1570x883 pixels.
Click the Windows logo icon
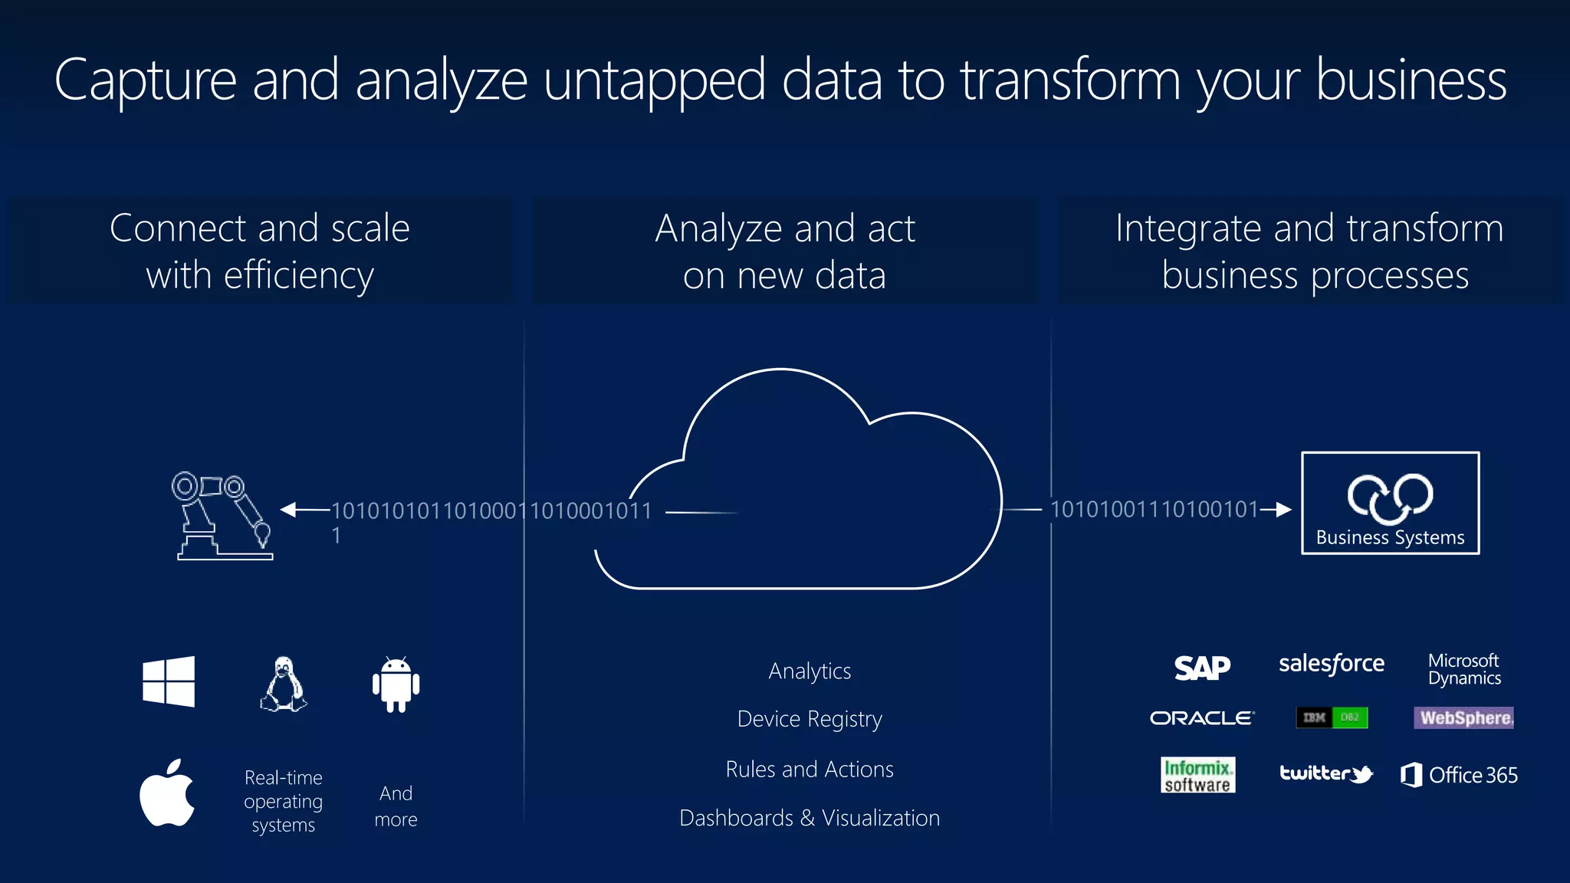pyautogui.click(x=169, y=681)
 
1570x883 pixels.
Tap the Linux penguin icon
pyautogui.click(x=284, y=684)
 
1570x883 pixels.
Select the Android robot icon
pyautogui.click(x=396, y=684)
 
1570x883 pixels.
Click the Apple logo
pyautogui.click(x=167, y=793)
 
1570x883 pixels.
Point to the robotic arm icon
pyautogui.click(x=222, y=515)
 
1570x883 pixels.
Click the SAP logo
pyautogui.click(x=1202, y=668)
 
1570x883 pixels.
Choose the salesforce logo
pyautogui.click(x=1331, y=664)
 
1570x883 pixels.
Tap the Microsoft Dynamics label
pyautogui.click(x=1464, y=669)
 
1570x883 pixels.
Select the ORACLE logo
pyautogui.click(x=1201, y=718)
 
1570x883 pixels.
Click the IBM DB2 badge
pyautogui.click(x=1332, y=717)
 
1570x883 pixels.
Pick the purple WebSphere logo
pyautogui.click(x=1463, y=717)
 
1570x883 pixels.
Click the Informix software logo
pyautogui.click(x=1197, y=775)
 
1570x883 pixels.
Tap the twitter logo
pyautogui.click(x=1326, y=774)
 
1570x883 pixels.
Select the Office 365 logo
pyautogui.click(x=1459, y=775)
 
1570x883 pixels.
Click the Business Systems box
pyautogui.click(x=1390, y=503)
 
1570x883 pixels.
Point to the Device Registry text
pyautogui.click(x=810, y=719)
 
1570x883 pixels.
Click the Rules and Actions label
pyautogui.click(x=810, y=769)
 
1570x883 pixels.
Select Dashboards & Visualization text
pyautogui.click(x=810, y=818)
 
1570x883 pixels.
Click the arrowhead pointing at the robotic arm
pyautogui.click(x=289, y=510)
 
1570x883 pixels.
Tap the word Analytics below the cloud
pyautogui.click(x=810, y=671)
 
